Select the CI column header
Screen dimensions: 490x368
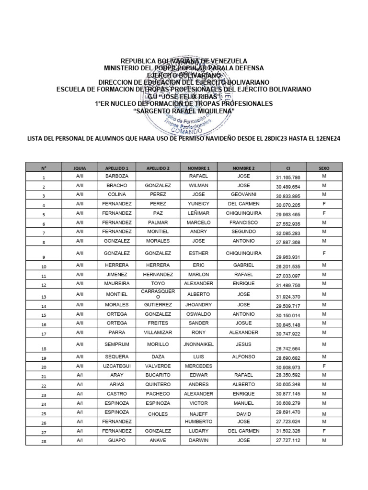(288, 168)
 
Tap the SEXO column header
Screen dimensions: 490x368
(324, 168)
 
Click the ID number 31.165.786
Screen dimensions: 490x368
(288, 178)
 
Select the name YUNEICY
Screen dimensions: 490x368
(198, 204)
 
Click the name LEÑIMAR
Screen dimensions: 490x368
(198, 213)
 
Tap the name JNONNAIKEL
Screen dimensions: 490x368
(198, 344)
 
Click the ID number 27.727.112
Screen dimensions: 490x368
(288, 440)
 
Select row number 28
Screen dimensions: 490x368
(44, 442)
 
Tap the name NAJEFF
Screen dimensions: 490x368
(198, 412)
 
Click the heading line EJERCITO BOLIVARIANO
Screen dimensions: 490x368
(184, 75)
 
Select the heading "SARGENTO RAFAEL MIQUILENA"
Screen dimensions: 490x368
(184, 111)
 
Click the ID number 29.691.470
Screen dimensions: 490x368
(288, 412)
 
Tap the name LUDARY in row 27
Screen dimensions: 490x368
(198, 431)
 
